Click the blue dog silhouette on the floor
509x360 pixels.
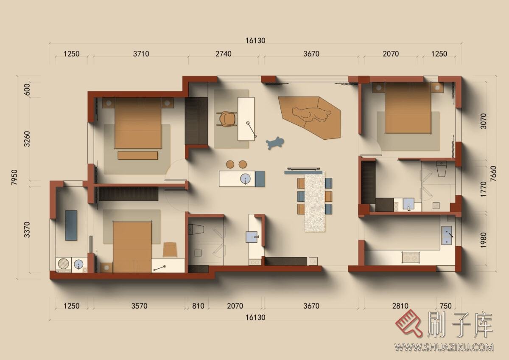pyautogui.click(x=275, y=143)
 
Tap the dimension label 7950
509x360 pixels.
pyautogui.click(x=14, y=177)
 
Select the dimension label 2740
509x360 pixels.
pyautogui.click(x=224, y=54)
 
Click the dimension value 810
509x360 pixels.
pyautogui.click(x=198, y=306)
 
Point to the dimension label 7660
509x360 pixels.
pyautogui.click(x=493, y=174)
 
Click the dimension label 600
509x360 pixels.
pyautogui.click(x=27, y=90)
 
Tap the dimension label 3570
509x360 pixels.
pyautogui.click(x=139, y=306)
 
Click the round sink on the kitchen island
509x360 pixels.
pyautogui.click(x=246, y=179)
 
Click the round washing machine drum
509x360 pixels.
pyautogui.click(x=64, y=263)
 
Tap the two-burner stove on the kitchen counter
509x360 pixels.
pyautogui.click(x=411, y=257)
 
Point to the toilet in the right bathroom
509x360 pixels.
pyautogui.click(x=442, y=169)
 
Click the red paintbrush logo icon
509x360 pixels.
pyautogui.click(x=408, y=323)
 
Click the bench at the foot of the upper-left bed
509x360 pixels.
pyautogui.click(x=138, y=155)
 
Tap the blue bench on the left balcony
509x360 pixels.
pyautogui.click(x=71, y=225)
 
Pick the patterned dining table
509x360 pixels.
pyautogui.click(x=315, y=202)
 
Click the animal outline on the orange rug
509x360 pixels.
pyautogui.click(x=311, y=115)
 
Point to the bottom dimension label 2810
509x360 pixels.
pyautogui.click(x=400, y=306)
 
